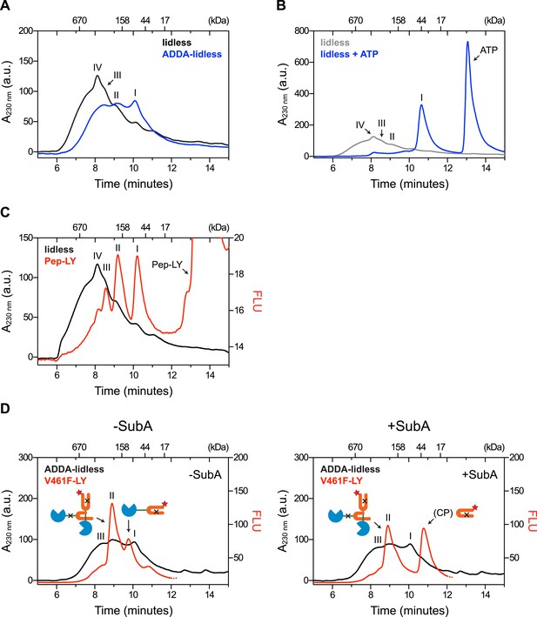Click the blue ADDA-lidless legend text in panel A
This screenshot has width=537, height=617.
click(192, 54)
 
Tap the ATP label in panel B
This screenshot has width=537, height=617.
click(488, 50)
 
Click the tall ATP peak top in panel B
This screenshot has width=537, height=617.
click(467, 42)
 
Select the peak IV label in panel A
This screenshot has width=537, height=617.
click(97, 67)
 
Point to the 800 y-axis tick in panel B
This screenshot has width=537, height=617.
click(301, 30)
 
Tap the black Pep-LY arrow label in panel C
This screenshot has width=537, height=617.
click(167, 265)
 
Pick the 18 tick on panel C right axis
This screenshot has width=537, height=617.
click(238, 274)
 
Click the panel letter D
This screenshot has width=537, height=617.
click(4, 409)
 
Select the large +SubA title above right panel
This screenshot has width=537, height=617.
click(409, 426)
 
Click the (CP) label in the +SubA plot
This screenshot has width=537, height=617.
click(444, 513)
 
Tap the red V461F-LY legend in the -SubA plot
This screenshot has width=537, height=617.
click(65, 480)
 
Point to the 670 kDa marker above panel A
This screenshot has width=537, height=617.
click(79, 20)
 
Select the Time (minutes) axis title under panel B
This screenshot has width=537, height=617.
click(410, 184)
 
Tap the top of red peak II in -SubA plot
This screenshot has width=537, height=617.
click(111, 503)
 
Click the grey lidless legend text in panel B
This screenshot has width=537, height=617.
click(335, 43)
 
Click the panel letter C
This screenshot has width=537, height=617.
click(4, 213)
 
